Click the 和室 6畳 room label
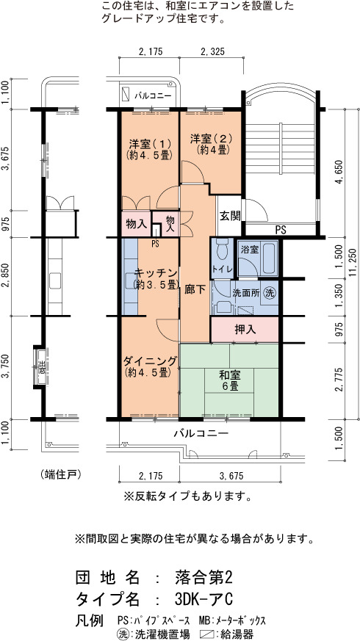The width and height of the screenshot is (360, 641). click(228, 380)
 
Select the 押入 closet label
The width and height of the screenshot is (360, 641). click(245, 330)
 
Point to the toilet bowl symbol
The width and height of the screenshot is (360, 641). click(222, 250)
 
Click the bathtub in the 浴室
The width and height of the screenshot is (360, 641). click(270, 258)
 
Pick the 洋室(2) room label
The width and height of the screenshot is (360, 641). click(211, 145)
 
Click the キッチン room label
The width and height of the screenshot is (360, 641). click(156, 272)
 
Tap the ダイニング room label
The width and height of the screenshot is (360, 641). click(150, 361)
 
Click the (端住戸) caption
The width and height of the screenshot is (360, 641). click(60, 474)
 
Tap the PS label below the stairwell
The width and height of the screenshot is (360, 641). click(280, 230)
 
